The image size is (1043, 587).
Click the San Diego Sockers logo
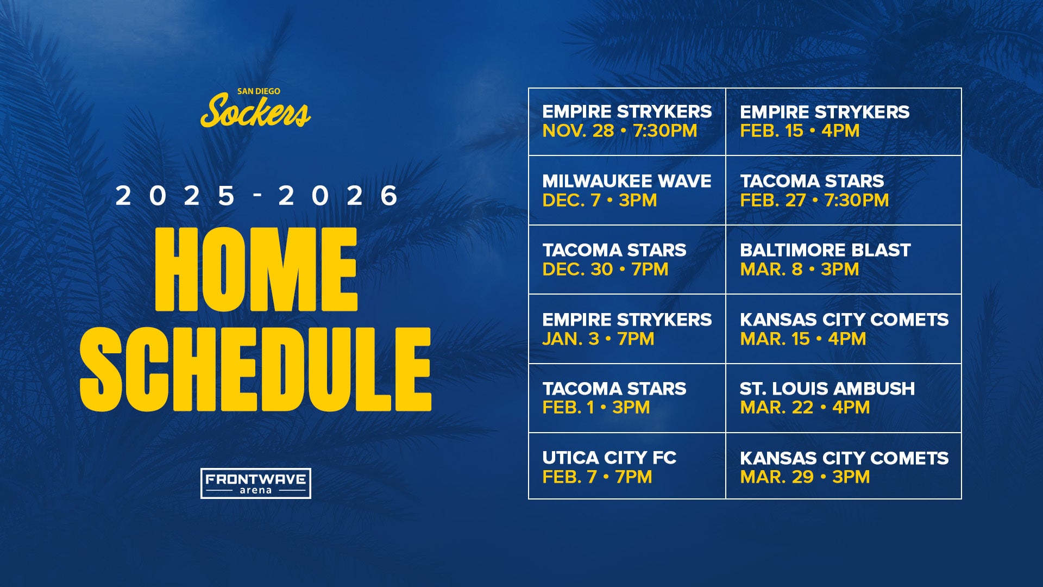pos(255,109)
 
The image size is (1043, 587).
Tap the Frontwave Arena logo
pos(255,483)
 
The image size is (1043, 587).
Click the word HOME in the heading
pos(256,270)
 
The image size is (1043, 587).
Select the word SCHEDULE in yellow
pos(255,370)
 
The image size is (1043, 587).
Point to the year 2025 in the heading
pos(175,196)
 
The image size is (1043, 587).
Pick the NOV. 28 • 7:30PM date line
pos(619,131)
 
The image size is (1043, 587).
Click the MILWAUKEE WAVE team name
pos(626,181)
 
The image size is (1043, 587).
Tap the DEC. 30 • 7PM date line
pos(605,270)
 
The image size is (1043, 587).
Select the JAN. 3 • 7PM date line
pos(598,339)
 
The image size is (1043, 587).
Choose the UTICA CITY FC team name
pos(609,458)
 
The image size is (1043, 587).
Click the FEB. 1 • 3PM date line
pos(596,408)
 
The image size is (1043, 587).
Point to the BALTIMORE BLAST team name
pos(825,250)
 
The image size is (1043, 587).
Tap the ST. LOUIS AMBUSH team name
pos(827,389)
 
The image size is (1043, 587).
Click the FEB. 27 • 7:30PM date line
pos(814,201)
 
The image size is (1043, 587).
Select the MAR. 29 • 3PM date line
pos(805,477)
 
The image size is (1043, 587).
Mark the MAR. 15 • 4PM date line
pos(802,339)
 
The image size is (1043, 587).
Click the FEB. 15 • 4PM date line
pos(799,131)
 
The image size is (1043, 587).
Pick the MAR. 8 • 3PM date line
pos(799,270)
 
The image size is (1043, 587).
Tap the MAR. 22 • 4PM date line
pos(805,408)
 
